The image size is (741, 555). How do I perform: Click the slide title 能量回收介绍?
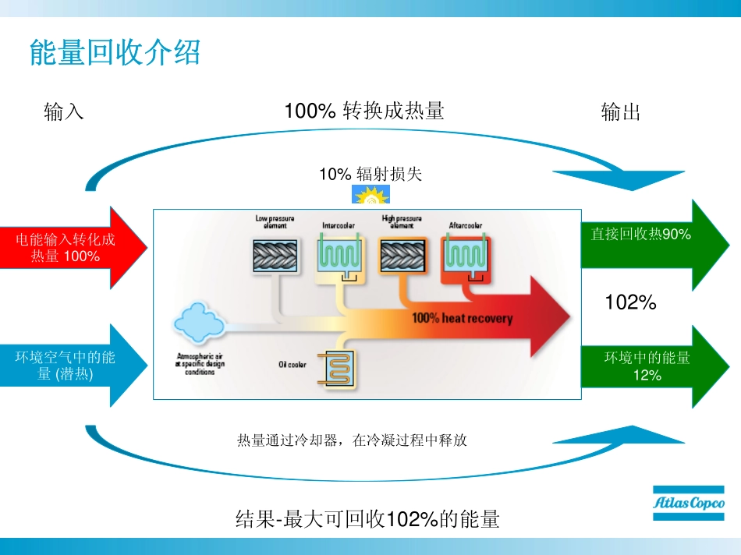click(x=115, y=53)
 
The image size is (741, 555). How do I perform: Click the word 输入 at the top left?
click(x=64, y=112)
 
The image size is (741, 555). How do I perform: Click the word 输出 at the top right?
click(x=621, y=112)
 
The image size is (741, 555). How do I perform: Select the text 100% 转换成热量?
click(x=363, y=111)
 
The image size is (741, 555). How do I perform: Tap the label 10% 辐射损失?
click(x=370, y=174)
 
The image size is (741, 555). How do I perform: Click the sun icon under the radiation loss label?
click(x=370, y=196)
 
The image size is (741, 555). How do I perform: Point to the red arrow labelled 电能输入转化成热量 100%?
click(x=70, y=247)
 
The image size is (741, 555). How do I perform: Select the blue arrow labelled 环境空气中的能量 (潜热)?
click(x=70, y=366)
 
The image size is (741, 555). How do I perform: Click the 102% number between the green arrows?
click(x=631, y=302)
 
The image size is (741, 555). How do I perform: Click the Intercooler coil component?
click(x=339, y=257)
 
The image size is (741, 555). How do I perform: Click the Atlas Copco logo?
click(x=688, y=504)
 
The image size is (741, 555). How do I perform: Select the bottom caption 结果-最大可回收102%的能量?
click(x=367, y=519)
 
